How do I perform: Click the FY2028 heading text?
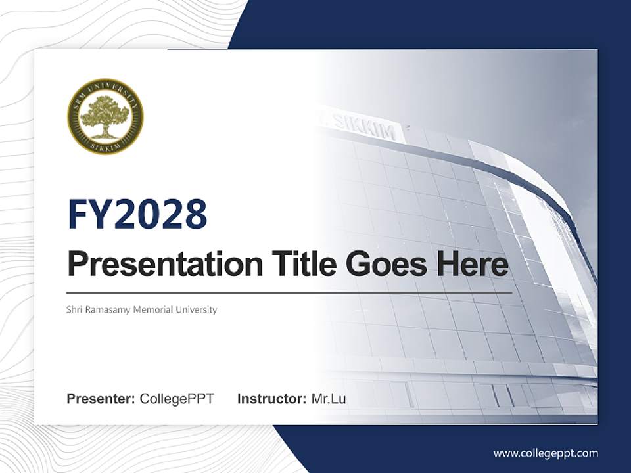coord(137,214)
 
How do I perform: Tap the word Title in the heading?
coord(300,263)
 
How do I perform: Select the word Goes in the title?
coord(383,263)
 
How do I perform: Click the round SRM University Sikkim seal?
coord(105,116)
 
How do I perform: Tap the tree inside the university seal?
coord(105,114)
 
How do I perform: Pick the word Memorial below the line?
coord(152,309)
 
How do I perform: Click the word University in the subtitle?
coord(196,309)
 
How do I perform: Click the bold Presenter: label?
coord(101,399)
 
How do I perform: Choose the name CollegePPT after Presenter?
coord(177,399)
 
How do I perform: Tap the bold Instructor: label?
coord(271,399)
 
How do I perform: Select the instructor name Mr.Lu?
coord(329,399)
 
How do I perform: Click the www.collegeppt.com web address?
coord(546,453)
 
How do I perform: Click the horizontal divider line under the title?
coord(289,293)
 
